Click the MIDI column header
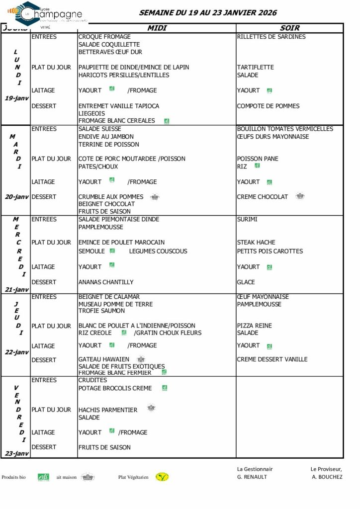[157, 28]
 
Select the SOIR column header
[289, 28]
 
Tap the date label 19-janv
[17, 98]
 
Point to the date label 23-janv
[17, 453]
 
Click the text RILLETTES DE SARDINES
[271, 37]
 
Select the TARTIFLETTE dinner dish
[255, 67]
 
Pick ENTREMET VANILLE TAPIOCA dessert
[119, 106]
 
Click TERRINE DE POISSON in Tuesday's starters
[108, 145]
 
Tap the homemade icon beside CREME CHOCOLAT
[300, 196]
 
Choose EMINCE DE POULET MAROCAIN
[121, 243]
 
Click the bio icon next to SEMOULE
[112, 251]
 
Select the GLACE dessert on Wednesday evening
[246, 282]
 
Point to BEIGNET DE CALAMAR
[109, 297]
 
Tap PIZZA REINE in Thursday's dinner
[254, 326]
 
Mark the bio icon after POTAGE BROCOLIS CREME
[165, 388]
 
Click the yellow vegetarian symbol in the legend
[162, 477]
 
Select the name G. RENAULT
[252, 477]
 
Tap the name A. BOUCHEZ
[327, 477]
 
